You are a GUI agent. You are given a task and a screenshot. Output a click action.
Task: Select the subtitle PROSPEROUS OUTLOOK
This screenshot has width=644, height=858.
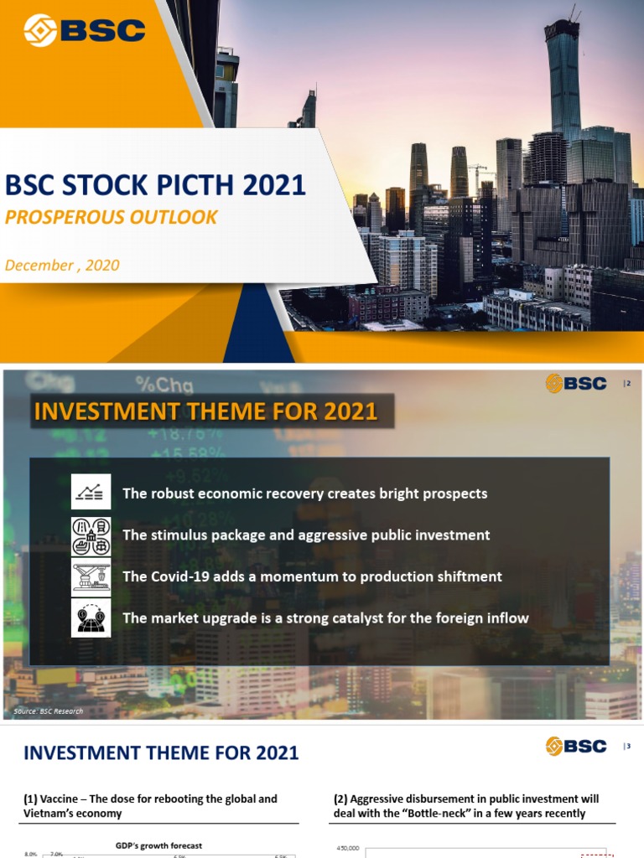coord(111,217)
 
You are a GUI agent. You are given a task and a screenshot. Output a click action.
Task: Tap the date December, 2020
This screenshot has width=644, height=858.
coord(62,265)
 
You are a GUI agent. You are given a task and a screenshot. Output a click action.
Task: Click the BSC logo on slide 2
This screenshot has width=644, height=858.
coord(576,384)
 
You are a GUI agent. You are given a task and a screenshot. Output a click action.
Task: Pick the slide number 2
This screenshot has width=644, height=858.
coord(627,384)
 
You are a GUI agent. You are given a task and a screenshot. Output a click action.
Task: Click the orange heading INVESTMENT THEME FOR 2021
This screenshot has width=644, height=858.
coord(205,412)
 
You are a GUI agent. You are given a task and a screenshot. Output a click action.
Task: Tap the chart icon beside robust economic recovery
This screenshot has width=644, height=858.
coord(91,494)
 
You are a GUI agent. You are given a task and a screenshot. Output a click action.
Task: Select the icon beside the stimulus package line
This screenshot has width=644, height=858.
coord(91,535)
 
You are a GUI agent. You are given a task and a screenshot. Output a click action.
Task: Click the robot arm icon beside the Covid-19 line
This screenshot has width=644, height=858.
coord(91,576)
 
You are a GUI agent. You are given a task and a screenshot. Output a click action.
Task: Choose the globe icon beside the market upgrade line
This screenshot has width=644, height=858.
coord(91,618)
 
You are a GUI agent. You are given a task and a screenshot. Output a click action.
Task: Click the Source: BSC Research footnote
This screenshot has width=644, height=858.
coord(49,711)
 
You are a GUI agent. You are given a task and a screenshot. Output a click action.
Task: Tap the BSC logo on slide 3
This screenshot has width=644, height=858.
coord(576,746)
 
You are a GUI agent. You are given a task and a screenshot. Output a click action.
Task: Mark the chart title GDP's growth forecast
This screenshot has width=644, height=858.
coord(158,845)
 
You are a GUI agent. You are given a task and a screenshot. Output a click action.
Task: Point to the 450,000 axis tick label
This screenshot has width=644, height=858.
coord(347,849)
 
